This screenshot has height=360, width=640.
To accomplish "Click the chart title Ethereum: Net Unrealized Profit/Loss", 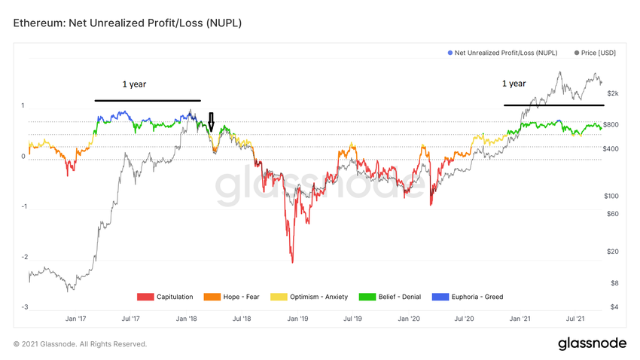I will click(127, 24).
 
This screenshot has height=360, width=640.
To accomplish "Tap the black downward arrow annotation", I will click(212, 122).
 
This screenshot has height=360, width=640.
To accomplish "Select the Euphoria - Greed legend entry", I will click(472, 297).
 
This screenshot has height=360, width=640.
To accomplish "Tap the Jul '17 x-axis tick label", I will click(130, 319).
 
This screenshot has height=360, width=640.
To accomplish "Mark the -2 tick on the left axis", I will click(25, 258).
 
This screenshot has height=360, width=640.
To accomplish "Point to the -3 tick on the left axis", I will click(25, 307).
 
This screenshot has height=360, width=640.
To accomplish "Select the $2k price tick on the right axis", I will click(612, 93).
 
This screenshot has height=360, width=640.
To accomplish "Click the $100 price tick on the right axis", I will click(611, 196).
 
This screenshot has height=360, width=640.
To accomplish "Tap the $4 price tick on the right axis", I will click(614, 307).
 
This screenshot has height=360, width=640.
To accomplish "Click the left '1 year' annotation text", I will click(134, 84).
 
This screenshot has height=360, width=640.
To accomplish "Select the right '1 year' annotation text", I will click(514, 84).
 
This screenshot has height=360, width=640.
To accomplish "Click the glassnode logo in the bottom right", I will click(592, 343).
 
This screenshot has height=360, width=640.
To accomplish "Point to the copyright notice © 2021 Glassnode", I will click(80, 344).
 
